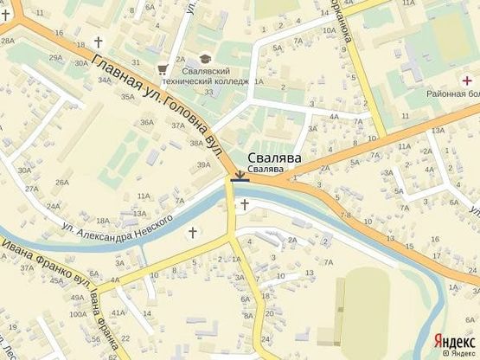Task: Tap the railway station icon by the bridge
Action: (240, 177)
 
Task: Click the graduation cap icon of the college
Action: (204, 59)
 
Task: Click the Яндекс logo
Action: (454, 339)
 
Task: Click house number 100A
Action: (78, 314)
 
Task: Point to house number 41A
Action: (118, 312)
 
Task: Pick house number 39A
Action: (203, 164)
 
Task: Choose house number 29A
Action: (55, 58)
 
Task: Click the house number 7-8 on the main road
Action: (345, 214)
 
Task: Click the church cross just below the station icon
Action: (245, 204)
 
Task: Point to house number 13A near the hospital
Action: (438, 131)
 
